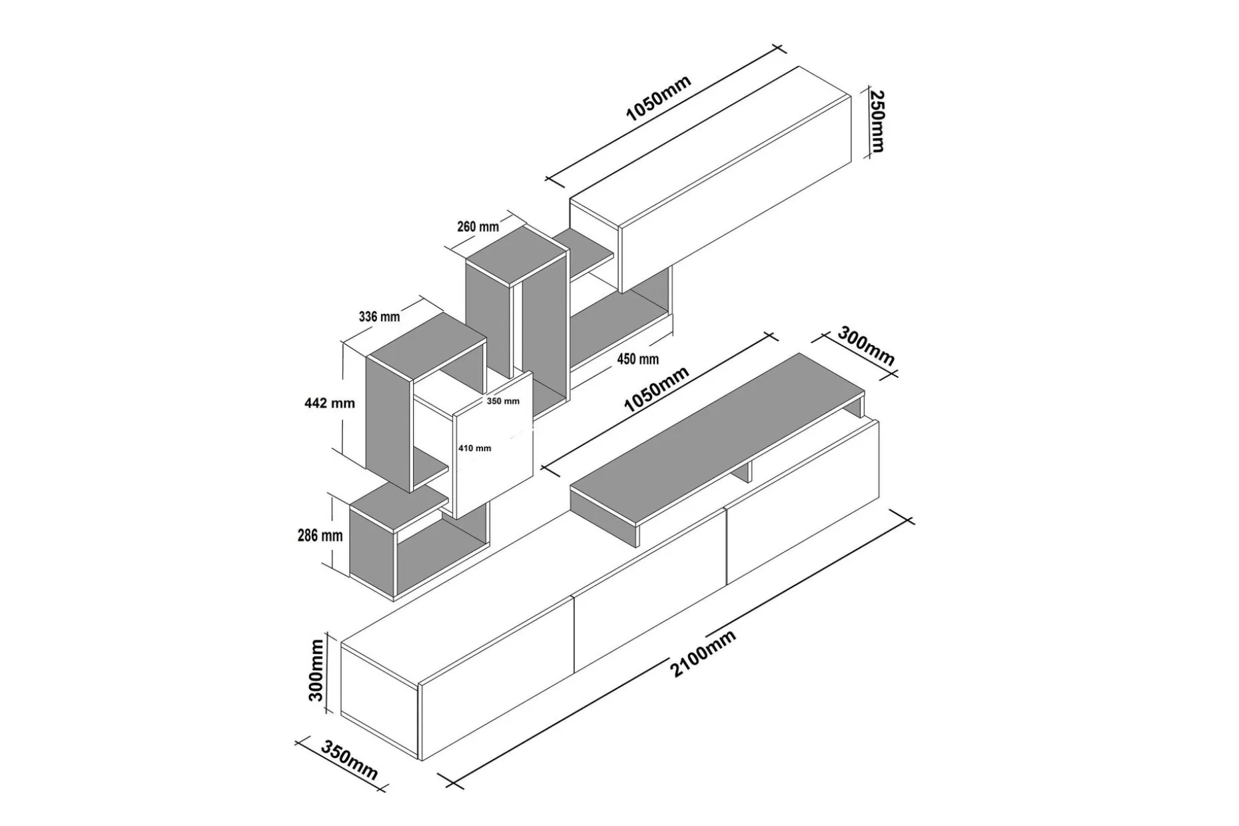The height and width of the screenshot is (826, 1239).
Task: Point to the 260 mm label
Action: [478, 226]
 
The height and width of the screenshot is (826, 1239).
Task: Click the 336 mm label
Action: [379, 316]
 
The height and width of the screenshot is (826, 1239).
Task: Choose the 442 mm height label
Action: [329, 403]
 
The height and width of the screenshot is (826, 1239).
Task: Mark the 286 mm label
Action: [320, 535]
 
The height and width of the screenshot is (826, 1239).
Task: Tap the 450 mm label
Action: [637, 359]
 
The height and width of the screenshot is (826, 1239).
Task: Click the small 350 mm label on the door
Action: [502, 401]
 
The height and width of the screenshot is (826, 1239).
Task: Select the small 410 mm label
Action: [474, 448]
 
